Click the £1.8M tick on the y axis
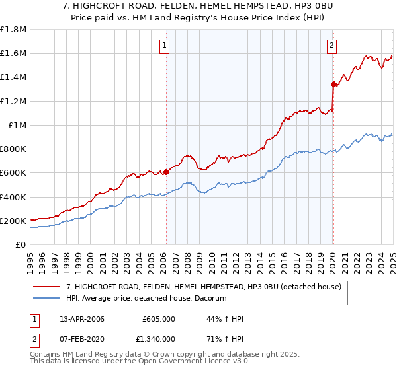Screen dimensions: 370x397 13,30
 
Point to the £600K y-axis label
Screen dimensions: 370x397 13,173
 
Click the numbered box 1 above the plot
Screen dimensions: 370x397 163,46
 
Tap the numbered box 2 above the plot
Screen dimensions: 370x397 331,46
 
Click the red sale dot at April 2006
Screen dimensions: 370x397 166,172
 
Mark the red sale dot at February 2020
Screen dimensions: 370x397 333,84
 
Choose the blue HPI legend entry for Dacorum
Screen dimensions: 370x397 146,299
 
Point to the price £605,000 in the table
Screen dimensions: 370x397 158,319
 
